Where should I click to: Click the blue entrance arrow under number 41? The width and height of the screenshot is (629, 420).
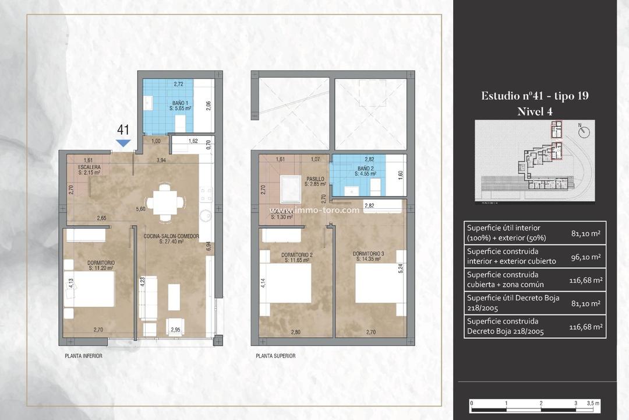123,143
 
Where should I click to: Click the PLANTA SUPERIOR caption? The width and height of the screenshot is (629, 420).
275,355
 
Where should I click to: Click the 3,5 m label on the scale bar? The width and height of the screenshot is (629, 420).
593,403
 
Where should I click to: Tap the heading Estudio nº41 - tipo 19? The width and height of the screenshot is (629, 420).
535,96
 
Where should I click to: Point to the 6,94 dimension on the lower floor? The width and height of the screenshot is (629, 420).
209,246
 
